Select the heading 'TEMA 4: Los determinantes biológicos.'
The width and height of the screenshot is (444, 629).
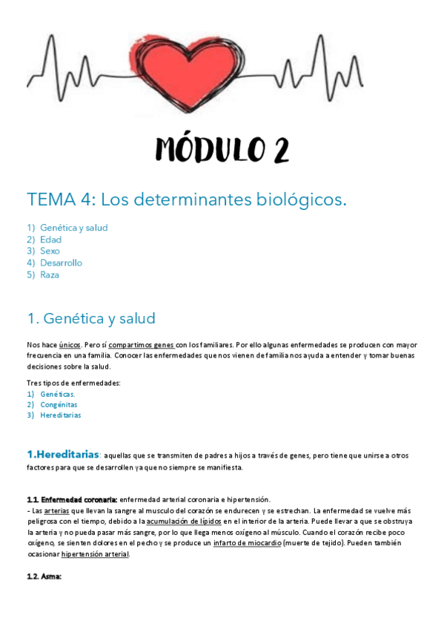click(187, 200)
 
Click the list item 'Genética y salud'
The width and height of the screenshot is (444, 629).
click(74, 228)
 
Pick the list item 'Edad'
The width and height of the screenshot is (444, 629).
click(51, 240)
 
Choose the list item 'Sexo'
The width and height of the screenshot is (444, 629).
click(50, 251)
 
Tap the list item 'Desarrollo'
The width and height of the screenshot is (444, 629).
click(62, 263)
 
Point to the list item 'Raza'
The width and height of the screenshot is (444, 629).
click(50, 274)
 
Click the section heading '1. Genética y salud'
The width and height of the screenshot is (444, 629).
click(91, 318)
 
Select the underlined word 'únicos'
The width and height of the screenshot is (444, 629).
click(70, 345)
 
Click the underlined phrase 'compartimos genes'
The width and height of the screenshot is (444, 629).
click(142, 345)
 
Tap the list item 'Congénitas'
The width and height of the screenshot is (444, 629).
click(59, 405)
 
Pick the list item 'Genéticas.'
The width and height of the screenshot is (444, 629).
click(58, 395)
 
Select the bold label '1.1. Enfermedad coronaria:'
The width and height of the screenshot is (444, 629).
click(72, 499)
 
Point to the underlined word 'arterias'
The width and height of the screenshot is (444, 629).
click(57, 511)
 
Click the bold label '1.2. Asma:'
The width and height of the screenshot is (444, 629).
click(44, 576)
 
